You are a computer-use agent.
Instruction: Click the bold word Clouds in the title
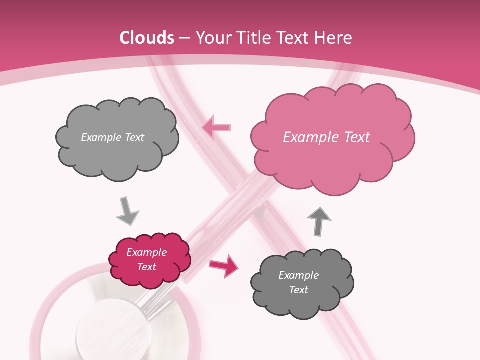point(147,38)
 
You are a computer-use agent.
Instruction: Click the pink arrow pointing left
point(216,127)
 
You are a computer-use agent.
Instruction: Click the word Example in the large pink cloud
point(306,137)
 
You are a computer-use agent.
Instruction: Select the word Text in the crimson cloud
point(147,267)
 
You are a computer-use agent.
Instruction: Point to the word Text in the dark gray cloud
point(298,290)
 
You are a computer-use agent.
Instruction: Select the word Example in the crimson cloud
point(147,252)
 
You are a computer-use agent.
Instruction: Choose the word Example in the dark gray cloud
point(298,275)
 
